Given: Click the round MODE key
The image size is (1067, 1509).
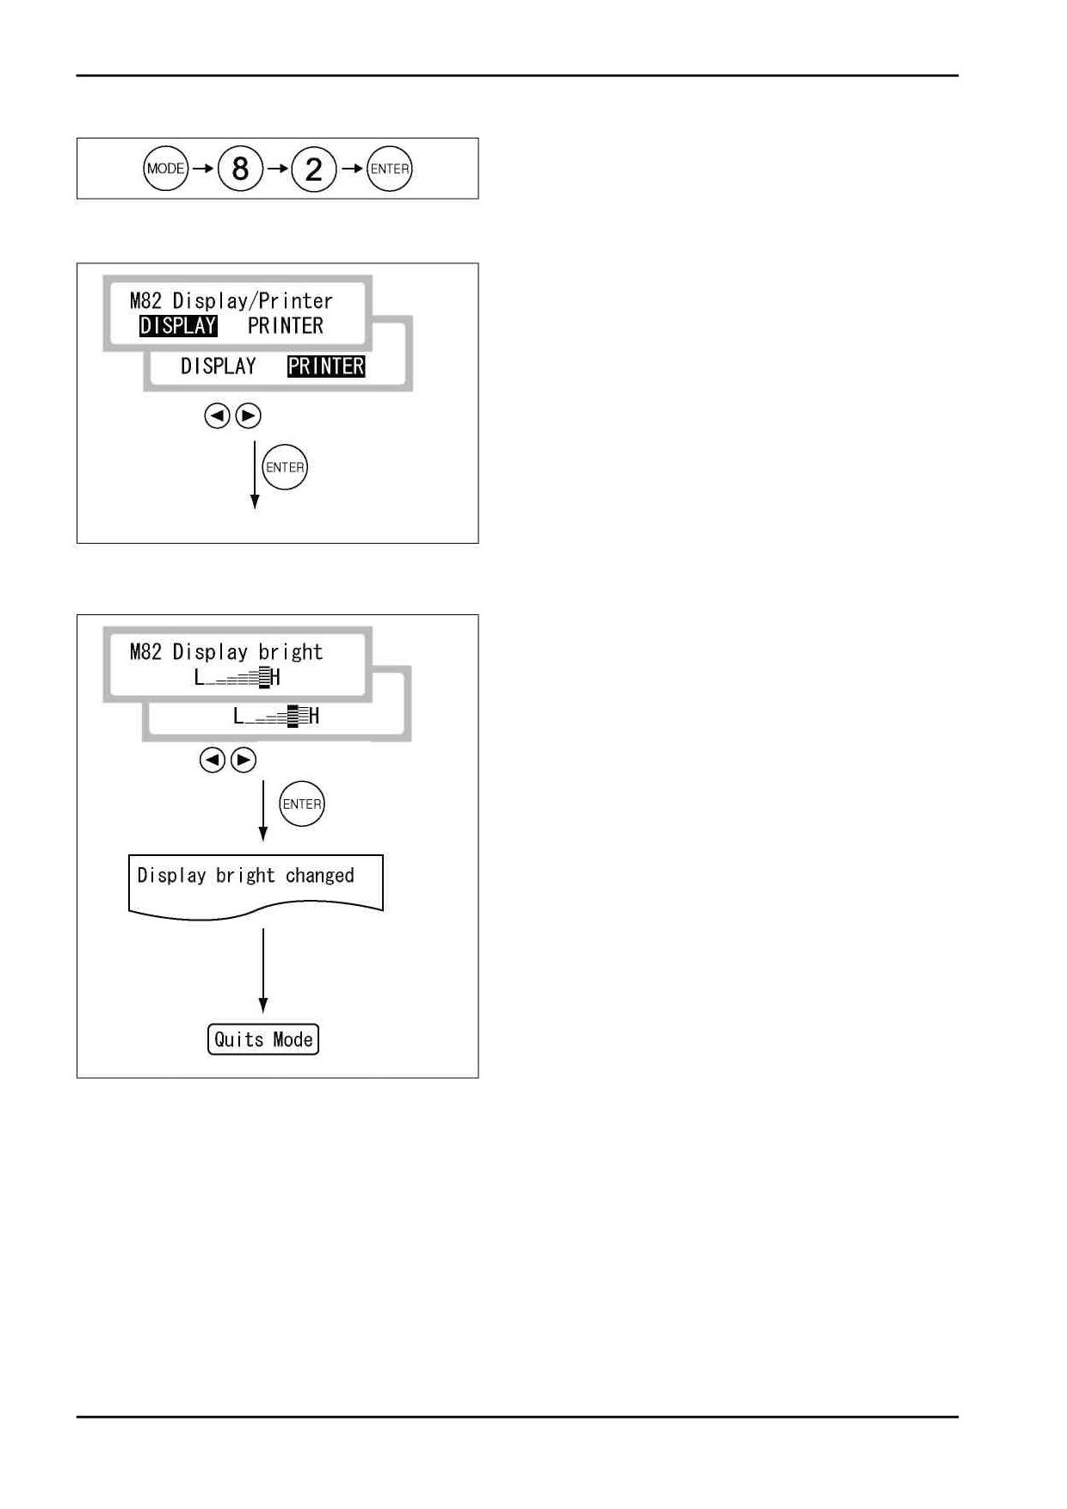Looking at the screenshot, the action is point(165,169).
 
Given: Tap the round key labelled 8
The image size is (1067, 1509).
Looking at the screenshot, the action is point(240,169).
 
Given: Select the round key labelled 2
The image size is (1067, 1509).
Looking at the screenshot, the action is point(314,169).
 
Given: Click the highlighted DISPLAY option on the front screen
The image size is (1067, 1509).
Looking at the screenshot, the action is point(178,326).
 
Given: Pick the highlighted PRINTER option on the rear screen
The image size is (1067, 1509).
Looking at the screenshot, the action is point(326,366).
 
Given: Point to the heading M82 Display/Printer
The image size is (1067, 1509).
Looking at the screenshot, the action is point(231,301).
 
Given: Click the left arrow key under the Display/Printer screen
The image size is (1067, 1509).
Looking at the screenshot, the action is point(217,416).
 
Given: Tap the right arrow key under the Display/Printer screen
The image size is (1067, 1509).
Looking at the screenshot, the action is point(248,416).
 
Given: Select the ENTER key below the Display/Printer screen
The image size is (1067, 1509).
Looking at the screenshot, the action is point(285,467).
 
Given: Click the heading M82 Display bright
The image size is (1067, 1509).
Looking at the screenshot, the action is point(226,652).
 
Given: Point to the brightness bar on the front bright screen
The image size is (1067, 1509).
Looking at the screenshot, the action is point(237,678).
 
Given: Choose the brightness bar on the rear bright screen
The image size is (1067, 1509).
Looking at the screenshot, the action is point(276,716).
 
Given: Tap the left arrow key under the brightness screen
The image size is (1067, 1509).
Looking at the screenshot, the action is point(213,761).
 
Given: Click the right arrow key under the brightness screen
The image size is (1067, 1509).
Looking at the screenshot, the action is point(244,761).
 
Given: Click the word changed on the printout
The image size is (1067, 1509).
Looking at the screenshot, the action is point(320,876).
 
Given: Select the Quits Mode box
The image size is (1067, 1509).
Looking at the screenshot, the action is point(263,1039).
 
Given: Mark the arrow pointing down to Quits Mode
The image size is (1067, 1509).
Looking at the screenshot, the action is point(263,970).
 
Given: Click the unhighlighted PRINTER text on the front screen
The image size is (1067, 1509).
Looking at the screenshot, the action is point(286,326).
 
